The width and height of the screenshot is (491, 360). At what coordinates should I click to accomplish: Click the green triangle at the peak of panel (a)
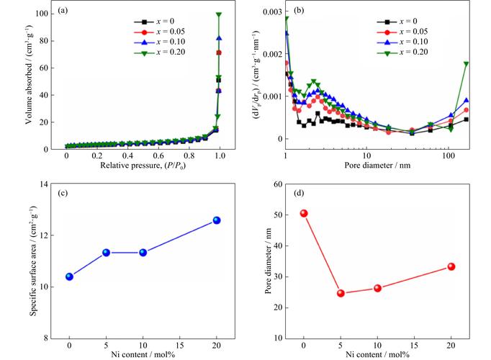(x=218, y=14)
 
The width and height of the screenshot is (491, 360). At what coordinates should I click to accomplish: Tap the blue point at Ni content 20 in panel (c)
(x=217, y=220)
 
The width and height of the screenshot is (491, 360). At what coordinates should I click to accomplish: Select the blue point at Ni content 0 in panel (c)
(x=69, y=276)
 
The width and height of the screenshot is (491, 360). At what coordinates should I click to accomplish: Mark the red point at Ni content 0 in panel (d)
(x=304, y=213)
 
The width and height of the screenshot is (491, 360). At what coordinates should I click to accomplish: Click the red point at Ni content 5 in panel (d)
(x=341, y=293)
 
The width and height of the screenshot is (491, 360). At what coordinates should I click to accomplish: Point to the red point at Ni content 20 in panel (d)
(x=451, y=266)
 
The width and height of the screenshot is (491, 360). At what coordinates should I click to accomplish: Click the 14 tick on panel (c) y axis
(x=52, y=184)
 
